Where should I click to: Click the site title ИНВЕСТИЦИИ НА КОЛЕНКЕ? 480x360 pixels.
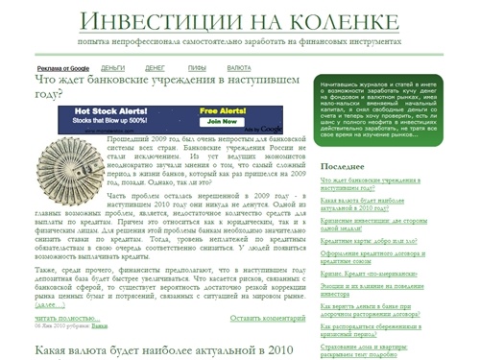click(x=239, y=20)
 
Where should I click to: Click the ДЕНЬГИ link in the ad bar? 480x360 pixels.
click(x=113, y=68)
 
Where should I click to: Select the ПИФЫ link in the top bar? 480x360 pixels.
click(x=197, y=68)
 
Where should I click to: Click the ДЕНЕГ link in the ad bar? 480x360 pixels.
click(x=155, y=68)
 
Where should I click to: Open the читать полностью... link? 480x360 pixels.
click(x=67, y=318)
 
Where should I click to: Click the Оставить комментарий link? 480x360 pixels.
click(x=271, y=318)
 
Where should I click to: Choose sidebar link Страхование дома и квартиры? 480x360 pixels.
click(x=385, y=348)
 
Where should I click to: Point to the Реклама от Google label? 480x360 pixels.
click(x=62, y=68)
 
